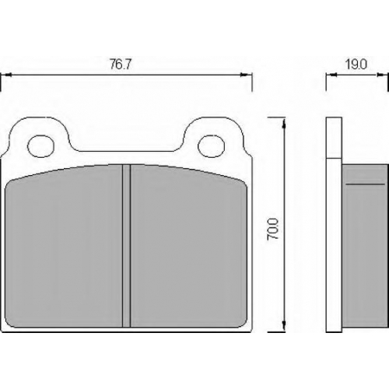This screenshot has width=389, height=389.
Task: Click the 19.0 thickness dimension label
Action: pyautogui.click(x=356, y=65)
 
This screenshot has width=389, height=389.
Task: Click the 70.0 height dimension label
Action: pyautogui.click(x=272, y=229)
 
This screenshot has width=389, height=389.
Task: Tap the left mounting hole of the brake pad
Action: pyautogui.click(x=41, y=146)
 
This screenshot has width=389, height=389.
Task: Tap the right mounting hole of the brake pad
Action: pyautogui.click(x=211, y=146)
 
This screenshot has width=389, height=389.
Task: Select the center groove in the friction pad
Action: pyautogui.click(x=126, y=246)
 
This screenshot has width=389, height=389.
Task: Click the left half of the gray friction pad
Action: pyautogui.click(x=64, y=247)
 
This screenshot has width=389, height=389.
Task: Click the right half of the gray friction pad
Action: pyautogui.click(x=189, y=247)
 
